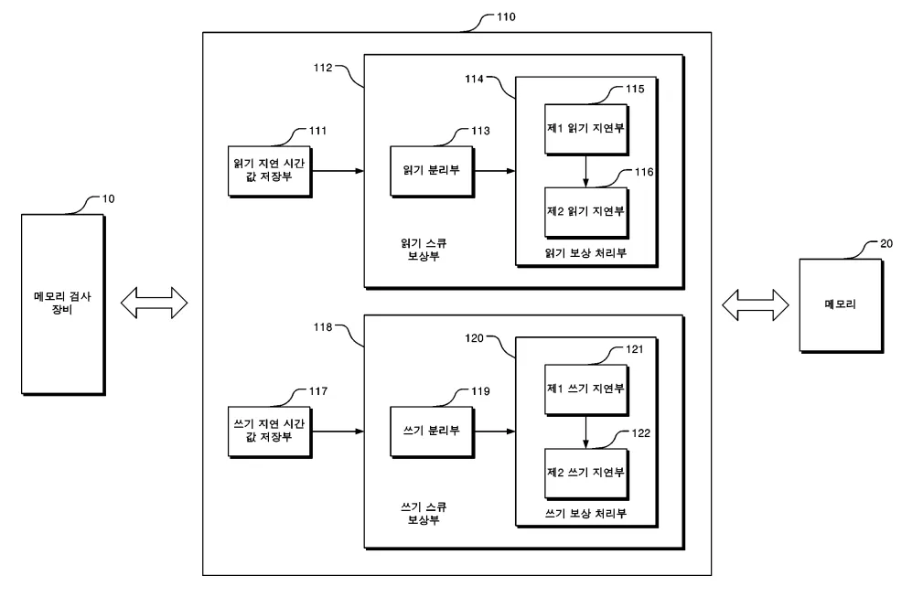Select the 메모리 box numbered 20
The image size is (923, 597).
click(x=840, y=304)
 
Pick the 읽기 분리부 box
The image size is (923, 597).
click(x=430, y=170)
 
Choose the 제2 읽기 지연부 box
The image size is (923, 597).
click(x=585, y=211)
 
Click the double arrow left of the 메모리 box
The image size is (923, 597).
click(x=756, y=304)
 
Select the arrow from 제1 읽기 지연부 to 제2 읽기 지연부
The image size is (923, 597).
click(x=585, y=169)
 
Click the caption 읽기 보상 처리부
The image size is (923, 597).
click(x=585, y=252)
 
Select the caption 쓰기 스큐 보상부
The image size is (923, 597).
click(x=423, y=513)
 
